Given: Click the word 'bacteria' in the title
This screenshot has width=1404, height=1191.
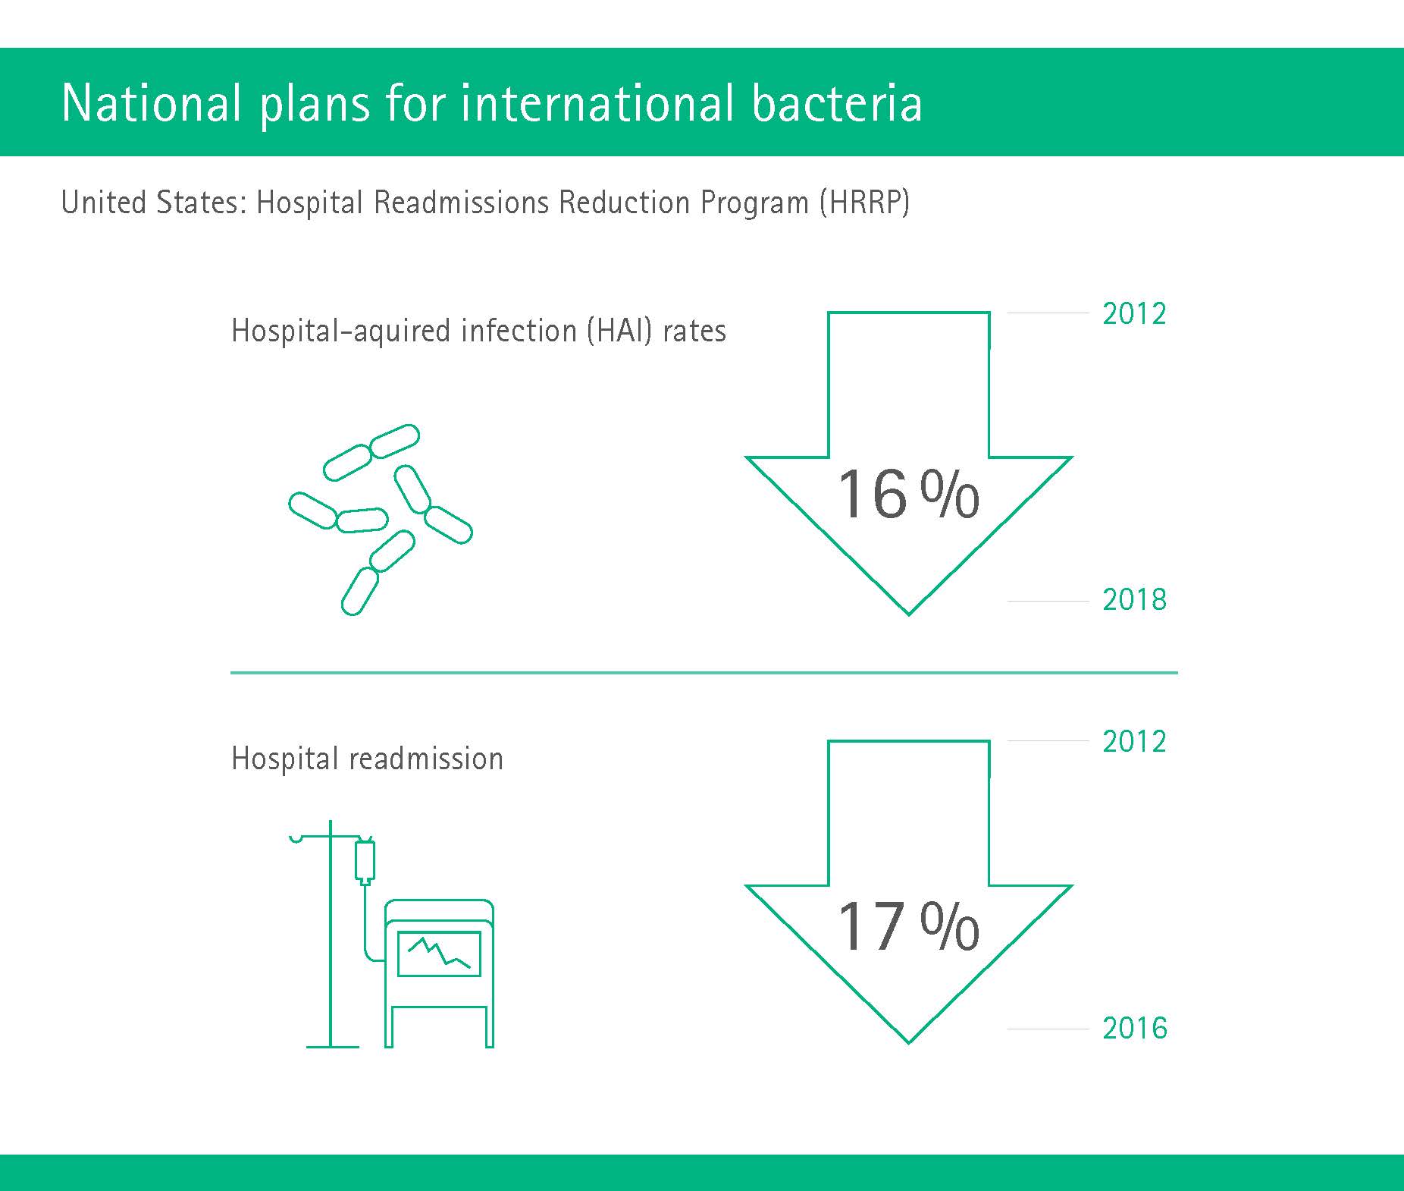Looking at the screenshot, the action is tap(837, 102).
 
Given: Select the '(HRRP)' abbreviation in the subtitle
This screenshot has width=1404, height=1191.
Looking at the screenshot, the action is tap(864, 203).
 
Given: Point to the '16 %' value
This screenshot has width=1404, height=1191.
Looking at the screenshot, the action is tap(908, 495).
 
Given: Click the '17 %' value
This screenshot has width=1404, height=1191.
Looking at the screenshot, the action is tap(908, 925).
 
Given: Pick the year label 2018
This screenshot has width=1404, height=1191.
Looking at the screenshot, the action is tap(1134, 600).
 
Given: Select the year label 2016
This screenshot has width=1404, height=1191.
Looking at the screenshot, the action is tap(1135, 1029).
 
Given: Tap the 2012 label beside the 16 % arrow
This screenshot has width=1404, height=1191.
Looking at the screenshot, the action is tap(1134, 314).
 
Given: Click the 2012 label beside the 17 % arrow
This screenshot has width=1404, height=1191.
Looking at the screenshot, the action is tap(1134, 742).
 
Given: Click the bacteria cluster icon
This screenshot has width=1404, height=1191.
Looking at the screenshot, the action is tap(381, 520).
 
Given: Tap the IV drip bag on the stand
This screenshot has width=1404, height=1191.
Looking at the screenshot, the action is tap(365, 861).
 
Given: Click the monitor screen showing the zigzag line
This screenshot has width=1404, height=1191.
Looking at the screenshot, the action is tap(439, 954).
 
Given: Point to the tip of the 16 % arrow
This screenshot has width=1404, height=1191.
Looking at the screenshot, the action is tap(908, 614).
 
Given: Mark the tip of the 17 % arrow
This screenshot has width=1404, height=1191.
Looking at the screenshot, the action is tap(908, 1042).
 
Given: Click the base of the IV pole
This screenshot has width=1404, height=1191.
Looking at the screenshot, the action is tap(332, 1047).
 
